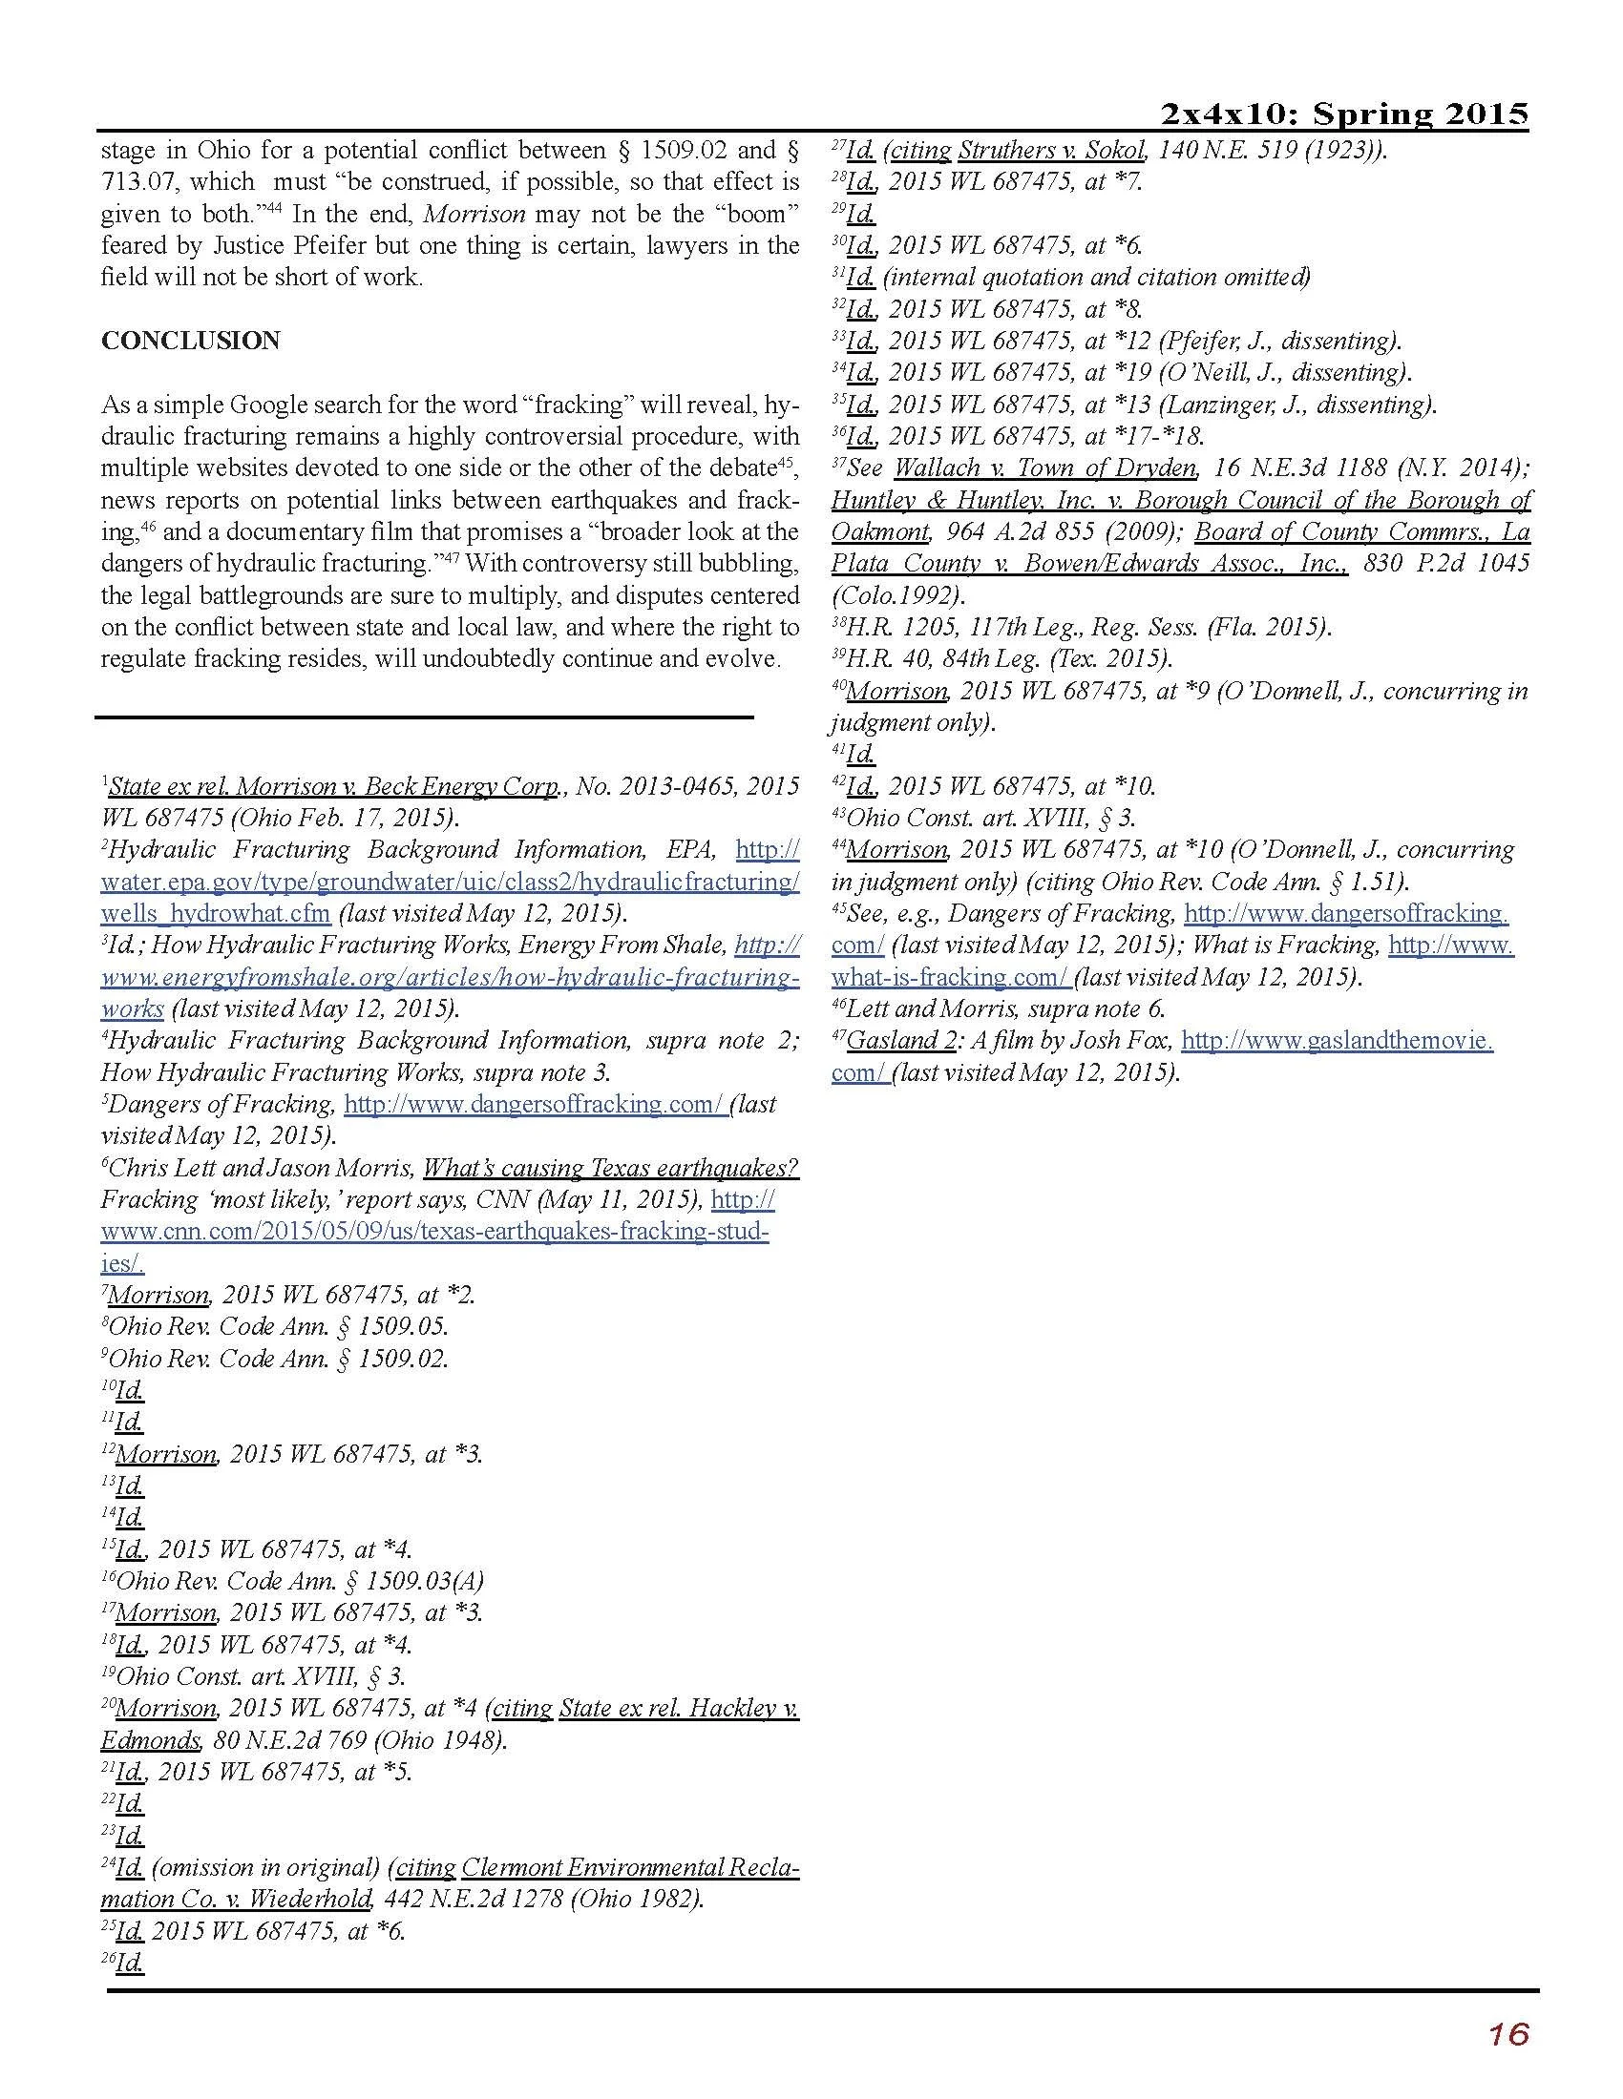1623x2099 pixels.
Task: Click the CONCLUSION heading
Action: [x=190, y=342]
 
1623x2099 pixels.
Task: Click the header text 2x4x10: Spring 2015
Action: [x=1344, y=114]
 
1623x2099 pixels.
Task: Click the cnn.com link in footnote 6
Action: [x=434, y=1232]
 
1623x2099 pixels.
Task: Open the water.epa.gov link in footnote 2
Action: [x=449, y=882]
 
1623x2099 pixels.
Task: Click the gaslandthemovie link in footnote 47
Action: [x=1337, y=1041]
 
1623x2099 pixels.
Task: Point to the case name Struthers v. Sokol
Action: [x=1052, y=150]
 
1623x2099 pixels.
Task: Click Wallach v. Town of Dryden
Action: [x=1045, y=468]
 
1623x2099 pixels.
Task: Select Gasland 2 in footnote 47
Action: [x=902, y=1041]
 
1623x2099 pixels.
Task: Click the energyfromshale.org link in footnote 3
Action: [x=449, y=977]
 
